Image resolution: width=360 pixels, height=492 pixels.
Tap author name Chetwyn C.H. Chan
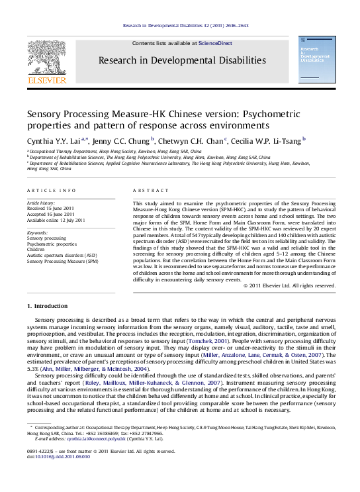(x=192, y=140)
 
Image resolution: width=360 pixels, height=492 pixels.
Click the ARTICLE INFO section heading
(x=46, y=189)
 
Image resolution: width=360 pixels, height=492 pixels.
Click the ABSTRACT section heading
(x=148, y=189)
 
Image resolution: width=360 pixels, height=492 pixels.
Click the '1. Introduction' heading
(x=50, y=307)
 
